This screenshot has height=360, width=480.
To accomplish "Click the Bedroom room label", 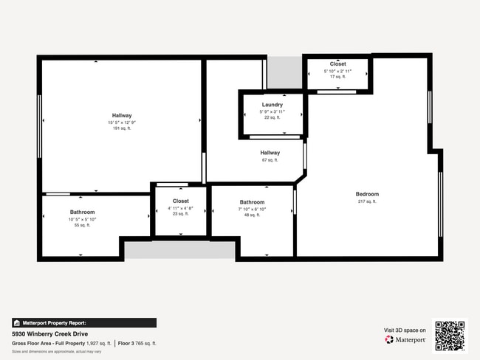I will [366, 194].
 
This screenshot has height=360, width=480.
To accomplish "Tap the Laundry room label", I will [272, 105].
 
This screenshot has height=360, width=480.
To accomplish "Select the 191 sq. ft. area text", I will [122, 128].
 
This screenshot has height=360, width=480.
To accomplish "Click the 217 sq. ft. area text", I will [366, 201].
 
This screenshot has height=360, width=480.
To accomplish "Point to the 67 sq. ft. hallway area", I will [270, 160].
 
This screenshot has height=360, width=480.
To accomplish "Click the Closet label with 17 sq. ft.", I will [337, 64].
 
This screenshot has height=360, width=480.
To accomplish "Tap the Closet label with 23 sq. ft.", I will [181, 201].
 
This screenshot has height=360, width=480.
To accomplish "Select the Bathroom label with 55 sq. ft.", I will [82, 212].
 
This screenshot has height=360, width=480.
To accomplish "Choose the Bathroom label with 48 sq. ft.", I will [252, 202].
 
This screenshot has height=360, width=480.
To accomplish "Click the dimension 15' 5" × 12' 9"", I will [122, 122].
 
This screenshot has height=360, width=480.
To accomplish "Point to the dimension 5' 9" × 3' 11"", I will [272, 111].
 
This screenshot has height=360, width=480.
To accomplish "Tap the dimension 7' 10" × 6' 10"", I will [252, 209].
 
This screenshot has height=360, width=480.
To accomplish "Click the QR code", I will [450, 335].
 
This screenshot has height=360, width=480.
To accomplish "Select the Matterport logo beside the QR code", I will [405, 339].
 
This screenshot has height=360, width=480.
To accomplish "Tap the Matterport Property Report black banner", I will [83, 322].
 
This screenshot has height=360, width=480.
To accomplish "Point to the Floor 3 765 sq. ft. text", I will [137, 343].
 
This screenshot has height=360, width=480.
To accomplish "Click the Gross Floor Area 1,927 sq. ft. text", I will [61, 343].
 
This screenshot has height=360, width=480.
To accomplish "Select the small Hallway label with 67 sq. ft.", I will [270, 153].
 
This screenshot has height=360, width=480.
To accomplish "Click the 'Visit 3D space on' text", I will [405, 330].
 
